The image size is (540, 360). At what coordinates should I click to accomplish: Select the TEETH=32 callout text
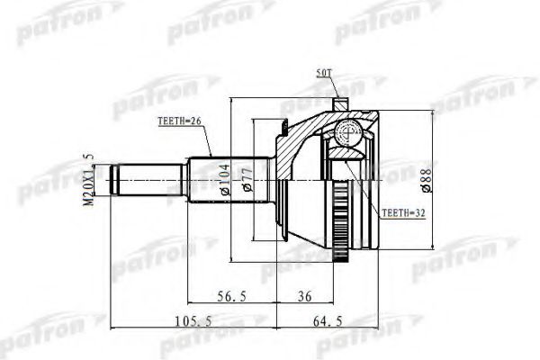pyautogui.click(x=402, y=213)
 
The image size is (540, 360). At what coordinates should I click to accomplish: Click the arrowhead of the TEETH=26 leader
pyautogui.click(x=211, y=158)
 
